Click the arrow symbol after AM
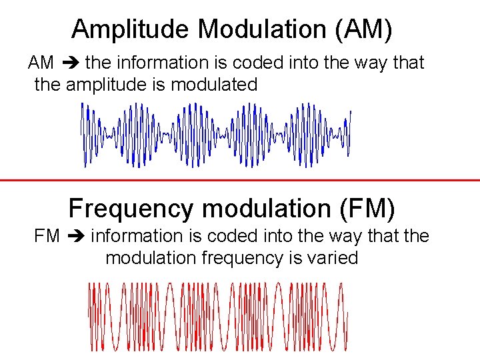(70, 63)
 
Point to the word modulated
(214, 85)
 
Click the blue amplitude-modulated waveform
(216, 135)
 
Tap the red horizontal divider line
(240, 180)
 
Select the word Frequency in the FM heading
(130, 209)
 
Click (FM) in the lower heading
(367, 209)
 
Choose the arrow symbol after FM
(75, 237)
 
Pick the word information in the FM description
(136, 237)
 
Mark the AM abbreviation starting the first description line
(41, 63)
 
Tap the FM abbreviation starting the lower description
(46, 237)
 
